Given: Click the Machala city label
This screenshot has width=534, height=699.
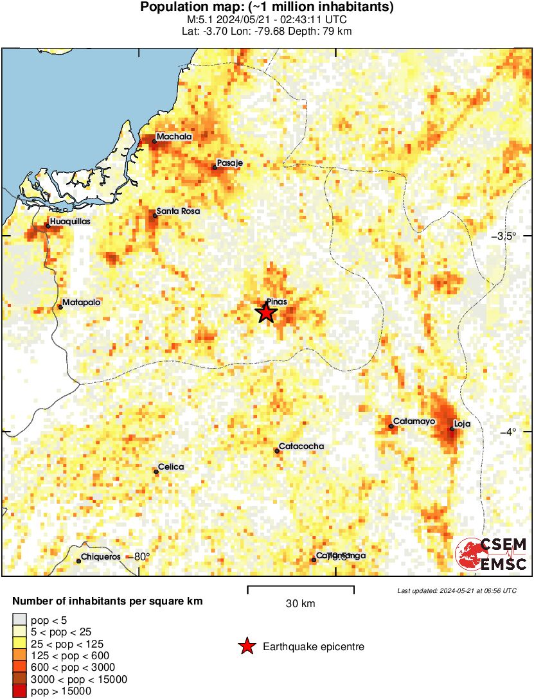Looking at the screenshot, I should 174,137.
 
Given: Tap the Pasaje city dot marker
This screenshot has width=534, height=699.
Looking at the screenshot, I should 215,167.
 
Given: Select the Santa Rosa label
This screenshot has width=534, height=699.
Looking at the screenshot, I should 178,211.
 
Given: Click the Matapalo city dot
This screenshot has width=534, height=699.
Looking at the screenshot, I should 60,307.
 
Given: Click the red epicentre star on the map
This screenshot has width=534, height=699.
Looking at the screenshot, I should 266,313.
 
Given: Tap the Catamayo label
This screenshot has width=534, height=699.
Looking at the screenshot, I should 414,421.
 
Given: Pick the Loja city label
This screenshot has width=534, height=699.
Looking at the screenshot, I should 463,424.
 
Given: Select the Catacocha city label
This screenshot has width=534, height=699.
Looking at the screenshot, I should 301,447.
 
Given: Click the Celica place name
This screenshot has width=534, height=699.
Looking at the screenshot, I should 171,467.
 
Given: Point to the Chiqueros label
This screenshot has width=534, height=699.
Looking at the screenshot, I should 102,557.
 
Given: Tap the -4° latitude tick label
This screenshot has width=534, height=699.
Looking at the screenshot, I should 508,431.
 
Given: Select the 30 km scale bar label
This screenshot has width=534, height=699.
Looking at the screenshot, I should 300,604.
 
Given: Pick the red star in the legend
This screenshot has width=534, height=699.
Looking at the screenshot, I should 246,647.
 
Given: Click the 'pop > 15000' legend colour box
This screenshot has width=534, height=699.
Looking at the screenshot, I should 19,691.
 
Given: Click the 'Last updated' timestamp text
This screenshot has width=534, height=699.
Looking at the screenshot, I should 456,590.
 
